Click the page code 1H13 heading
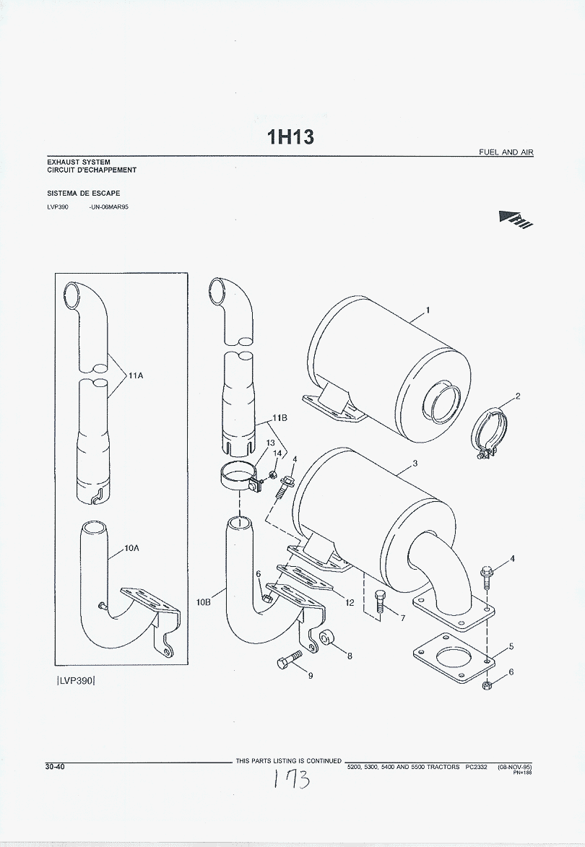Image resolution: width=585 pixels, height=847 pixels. tap(290, 137)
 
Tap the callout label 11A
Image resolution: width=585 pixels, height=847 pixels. tap(137, 375)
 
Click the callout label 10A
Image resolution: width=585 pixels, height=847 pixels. tap(131, 548)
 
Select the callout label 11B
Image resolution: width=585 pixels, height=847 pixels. tap(280, 418)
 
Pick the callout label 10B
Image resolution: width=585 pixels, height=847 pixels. tap(203, 601)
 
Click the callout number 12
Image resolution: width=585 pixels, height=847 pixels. tap(350, 601)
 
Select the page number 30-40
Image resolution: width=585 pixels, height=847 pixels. tap(55, 767)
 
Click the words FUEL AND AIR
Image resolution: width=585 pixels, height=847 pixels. tap(506, 152)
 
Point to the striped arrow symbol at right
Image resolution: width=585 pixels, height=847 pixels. tap(515, 220)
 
